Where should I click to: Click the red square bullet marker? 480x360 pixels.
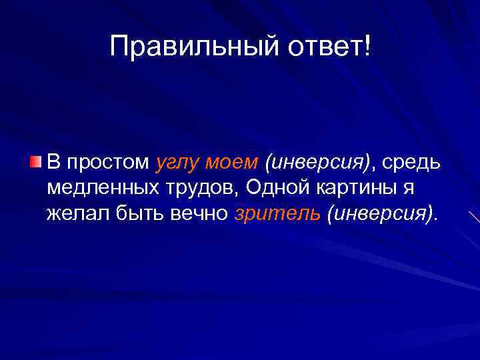(36, 161)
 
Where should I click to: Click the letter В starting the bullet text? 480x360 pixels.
(54, 162)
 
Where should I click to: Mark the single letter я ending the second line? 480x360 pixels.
(407, 189)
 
